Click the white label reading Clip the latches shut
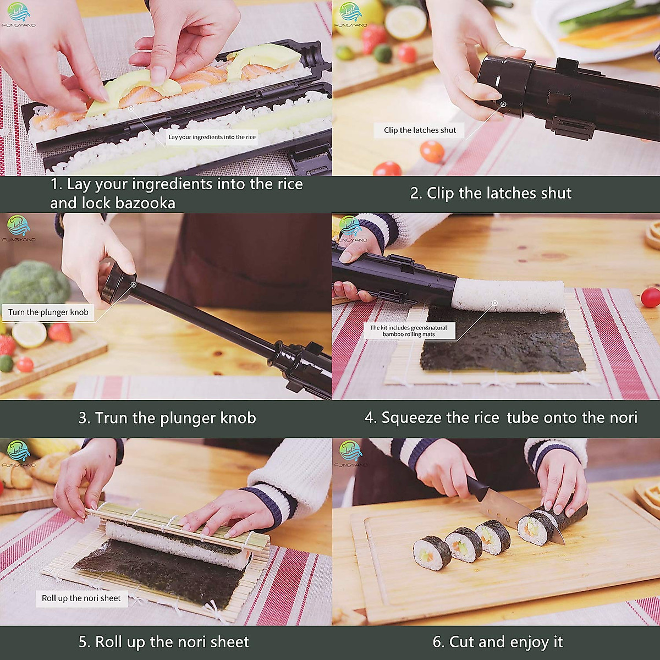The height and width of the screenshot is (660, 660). (420, 130)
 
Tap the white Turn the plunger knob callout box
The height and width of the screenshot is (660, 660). (48, 312)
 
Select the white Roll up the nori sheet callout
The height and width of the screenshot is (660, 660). (81, 598)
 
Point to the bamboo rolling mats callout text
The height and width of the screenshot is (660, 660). (409, 331)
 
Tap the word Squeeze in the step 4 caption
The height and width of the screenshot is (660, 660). (411, 417)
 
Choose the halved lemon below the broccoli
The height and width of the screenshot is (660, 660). (29, 334)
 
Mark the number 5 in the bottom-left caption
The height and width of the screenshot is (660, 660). (84, 642)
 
